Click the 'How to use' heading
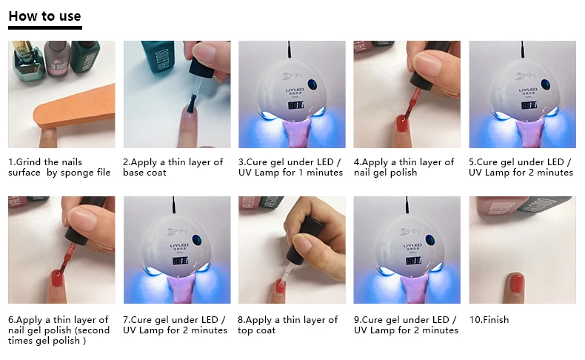pos(44,16)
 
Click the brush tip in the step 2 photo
pos(191,104)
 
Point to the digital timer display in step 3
pos(295,105)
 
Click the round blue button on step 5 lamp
pos(546,84)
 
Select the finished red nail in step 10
pos(516,281)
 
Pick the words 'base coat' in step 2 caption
pos(144,173)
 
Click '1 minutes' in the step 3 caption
pos(321,173)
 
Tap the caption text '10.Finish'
pos(489,320)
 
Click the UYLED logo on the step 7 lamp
pos(179,245)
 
